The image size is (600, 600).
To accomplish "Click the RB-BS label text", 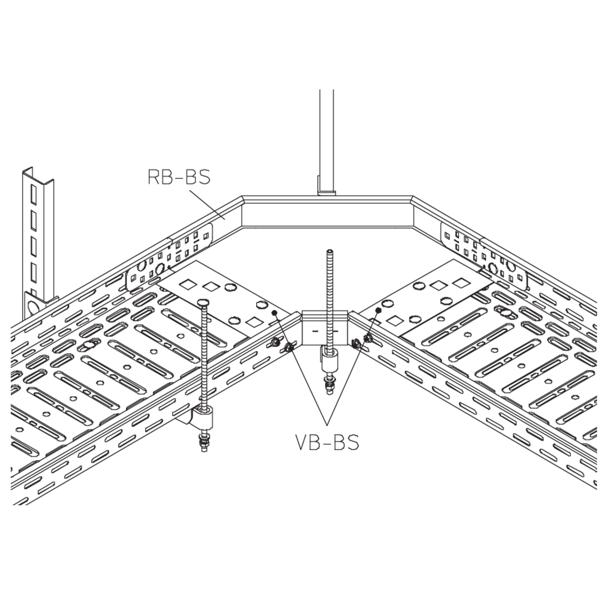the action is pyautogui.click(x=179, y=177).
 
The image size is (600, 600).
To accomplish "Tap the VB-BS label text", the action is pyautogui.click(x=327, y=442).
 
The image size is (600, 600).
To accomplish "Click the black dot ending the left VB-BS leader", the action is pyautogui.click(x=274, y=313).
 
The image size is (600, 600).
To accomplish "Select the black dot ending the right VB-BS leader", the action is pyautogui.click(x=378, y=310).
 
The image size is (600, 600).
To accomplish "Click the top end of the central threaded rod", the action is pyautogui.click(x=329, y=251).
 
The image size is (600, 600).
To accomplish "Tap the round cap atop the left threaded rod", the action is pyautogui.click(x=203, y=302).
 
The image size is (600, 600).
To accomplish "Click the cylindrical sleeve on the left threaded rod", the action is pyautogui.click(x=202, y=417).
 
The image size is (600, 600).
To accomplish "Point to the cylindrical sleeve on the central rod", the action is pyautogui.click(x=329, y=362).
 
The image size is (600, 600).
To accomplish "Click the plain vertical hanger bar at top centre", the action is pyautogui.click(x=326, y=142).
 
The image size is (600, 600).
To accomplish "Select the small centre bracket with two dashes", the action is pyautogui.click(x=325, y=328).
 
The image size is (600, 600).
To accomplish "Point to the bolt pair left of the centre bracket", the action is pyautogui.click(x=282, y=344).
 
